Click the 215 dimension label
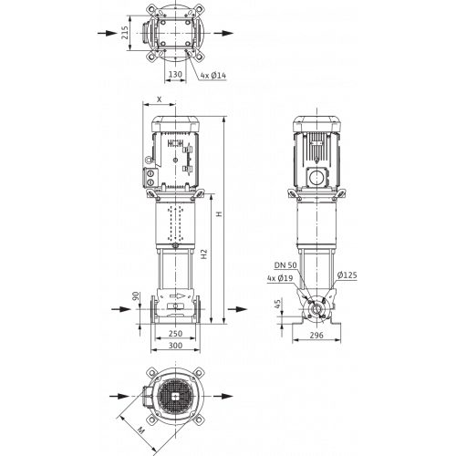coord(125,33)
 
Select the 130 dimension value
coord(175,74)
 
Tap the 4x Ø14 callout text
coord(213,75)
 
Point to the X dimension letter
coord(159,99)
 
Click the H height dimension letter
coord(219,213)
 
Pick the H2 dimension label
coord(204,254)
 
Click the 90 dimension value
coord(136,295)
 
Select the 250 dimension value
coord(175,334)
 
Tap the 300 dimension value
coord(175,346)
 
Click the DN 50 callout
coord(285,265)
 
